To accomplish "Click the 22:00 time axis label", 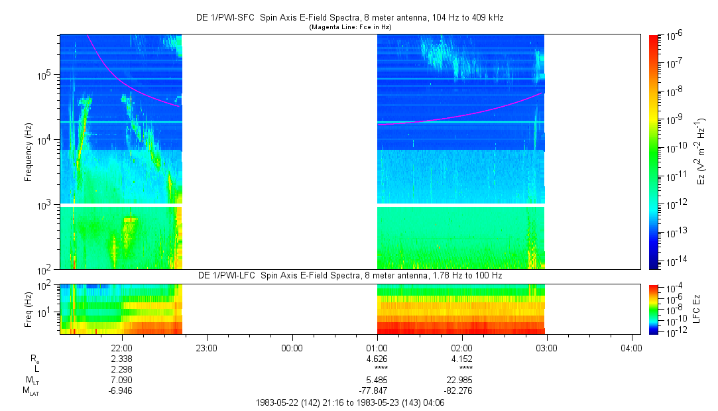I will tap(122, 347).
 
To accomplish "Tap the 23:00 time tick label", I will tap(207, 347).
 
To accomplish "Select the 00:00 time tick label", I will tap(292, 347).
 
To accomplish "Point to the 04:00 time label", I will tap(631, 347).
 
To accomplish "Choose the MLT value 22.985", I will tap(461, 379).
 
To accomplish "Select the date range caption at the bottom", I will tap(350, 402).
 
